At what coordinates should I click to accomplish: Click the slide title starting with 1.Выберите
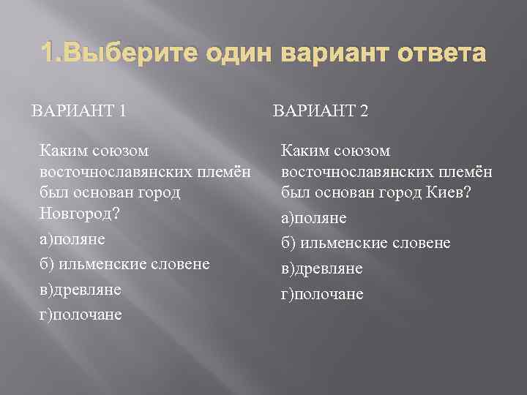pos(263,54)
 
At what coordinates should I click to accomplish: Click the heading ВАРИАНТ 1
pos(79,111)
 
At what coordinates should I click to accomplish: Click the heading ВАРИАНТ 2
pos(320,111)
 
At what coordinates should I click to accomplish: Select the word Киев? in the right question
pos(451,192)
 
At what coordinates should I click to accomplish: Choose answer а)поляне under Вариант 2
pos(313,218)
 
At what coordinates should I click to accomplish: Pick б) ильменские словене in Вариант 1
pos(124,263)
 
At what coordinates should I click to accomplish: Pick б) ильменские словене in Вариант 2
pos(366,243)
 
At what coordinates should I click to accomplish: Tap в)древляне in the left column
pos(80,290)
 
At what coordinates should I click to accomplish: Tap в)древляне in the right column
pos(321,269)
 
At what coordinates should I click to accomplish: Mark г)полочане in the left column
pos(81,315)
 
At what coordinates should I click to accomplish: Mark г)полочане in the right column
pos(322,294)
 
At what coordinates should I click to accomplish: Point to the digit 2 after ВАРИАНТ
pos(364,111)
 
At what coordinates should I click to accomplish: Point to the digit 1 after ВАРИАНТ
pos(122,111)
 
